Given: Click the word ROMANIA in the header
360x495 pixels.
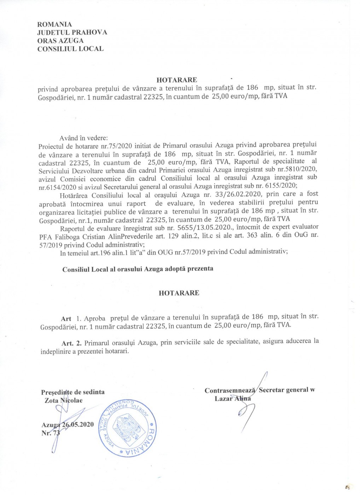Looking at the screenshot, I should (x=54, y=24).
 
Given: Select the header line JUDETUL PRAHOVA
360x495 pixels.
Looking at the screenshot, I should (x=72, y=33).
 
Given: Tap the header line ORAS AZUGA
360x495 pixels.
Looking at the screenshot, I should (x=60, y=41).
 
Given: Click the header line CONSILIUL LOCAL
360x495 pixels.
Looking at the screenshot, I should (x=70, y=49).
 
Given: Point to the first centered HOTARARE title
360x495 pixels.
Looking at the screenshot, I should (x=177, y=80).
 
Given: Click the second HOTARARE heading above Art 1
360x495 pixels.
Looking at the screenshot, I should (x=179, y=293).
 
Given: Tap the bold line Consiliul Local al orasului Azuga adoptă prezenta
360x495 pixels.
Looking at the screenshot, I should (x=138, y=269).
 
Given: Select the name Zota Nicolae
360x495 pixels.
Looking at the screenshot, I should (x=64, y=401).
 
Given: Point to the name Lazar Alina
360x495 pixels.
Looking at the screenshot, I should (x=233, y=398).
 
